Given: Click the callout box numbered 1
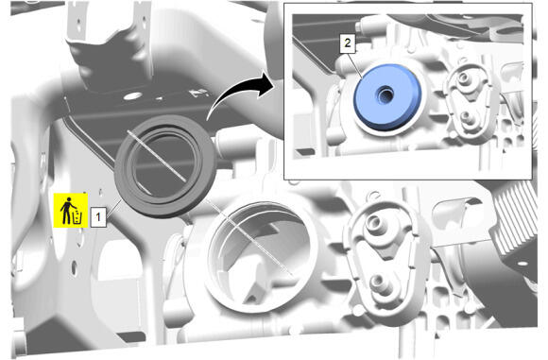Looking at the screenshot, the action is (98, 217).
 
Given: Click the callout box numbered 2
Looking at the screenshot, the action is (348, 43).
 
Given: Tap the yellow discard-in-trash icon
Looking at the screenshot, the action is (71, 211).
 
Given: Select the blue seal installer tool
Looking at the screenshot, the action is (387, 96).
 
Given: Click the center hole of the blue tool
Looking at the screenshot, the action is (385, 94).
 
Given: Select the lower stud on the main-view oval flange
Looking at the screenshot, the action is (379, 283).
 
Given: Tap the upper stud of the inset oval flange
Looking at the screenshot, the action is (463, 77).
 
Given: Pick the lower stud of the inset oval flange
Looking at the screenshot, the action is (466, 116).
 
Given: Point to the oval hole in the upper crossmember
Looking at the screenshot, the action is (133, 95).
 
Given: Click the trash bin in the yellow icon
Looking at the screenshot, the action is (77, 217).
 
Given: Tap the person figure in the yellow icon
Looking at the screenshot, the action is (66, 211).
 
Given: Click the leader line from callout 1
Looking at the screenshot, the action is (114, 208).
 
